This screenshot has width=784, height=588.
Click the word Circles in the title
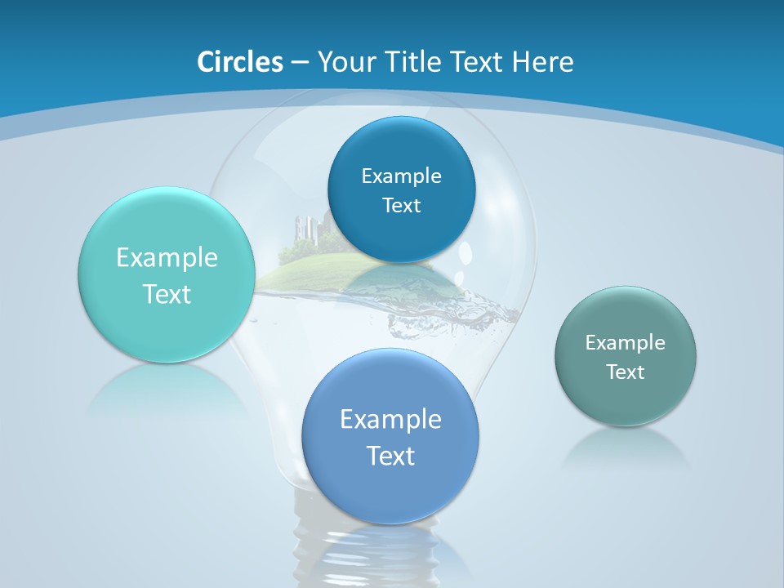(239, 62)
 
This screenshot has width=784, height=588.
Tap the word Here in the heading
(542, 62)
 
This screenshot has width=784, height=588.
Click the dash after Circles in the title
(299, 63)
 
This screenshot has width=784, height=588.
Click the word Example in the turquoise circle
(167, 258)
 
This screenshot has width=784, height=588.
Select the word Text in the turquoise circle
(167, 294)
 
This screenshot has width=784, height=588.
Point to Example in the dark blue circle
(401, 176)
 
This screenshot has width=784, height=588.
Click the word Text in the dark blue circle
(401, 206)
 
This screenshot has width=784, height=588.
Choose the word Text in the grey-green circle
(626, 372)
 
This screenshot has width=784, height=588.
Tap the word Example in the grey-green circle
(626, 343)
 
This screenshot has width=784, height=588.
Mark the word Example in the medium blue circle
(390, 420)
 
